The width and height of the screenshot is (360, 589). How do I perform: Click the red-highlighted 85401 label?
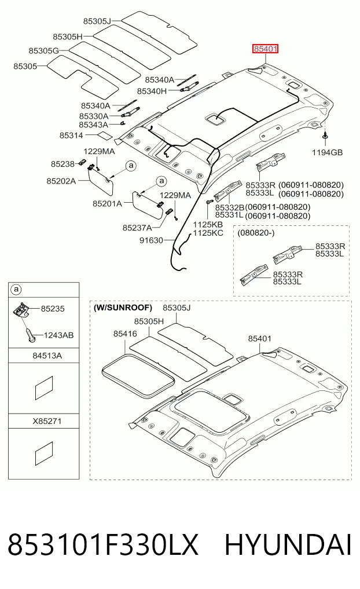[x=265, y=49]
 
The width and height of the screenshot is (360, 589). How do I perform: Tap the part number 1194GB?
[x=328, y=152]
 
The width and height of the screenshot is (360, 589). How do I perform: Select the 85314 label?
[x=71, y=135]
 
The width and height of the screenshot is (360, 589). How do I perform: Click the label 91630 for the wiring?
[x=151, y=240]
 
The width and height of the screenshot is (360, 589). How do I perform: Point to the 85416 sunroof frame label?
[x=125, y=334]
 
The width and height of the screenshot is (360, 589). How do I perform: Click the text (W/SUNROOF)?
[x=123, y=308]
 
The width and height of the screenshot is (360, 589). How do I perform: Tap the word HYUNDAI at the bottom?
[x=288, y=545]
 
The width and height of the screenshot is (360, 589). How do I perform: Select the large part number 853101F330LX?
[x=102, y=545]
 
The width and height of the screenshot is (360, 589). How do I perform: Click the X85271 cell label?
[x=47, y=421]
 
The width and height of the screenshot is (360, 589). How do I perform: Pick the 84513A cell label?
[x=47, y=356]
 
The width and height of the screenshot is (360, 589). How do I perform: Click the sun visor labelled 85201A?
[x=148, y=205]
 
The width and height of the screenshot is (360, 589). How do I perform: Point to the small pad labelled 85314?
[x=104, y=135]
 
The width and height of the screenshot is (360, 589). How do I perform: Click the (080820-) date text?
[x=256, y=233]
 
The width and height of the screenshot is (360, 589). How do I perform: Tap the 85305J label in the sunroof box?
[x=177, y=308]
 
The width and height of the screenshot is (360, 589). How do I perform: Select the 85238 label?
[x=63, y=164]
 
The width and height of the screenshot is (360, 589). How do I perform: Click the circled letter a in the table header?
[x=16, y=290]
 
